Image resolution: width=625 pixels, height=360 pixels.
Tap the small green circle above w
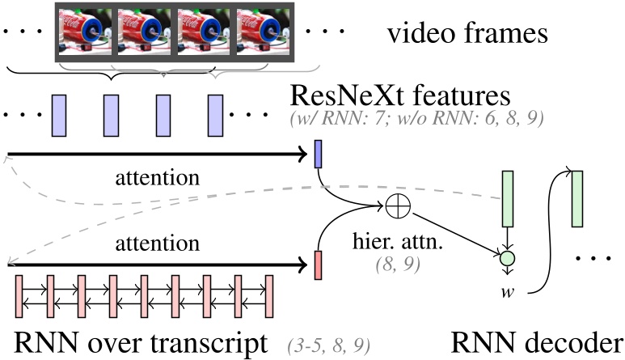click(507, 260)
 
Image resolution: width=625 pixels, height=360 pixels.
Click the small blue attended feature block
click(319, 155)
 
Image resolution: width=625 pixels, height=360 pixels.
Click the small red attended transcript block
click(319, 264)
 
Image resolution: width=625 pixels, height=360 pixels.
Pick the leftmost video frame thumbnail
click(86, 32)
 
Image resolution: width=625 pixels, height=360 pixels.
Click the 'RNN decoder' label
click(538, 341)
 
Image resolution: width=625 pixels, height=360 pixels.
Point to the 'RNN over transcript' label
click(139, 341)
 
